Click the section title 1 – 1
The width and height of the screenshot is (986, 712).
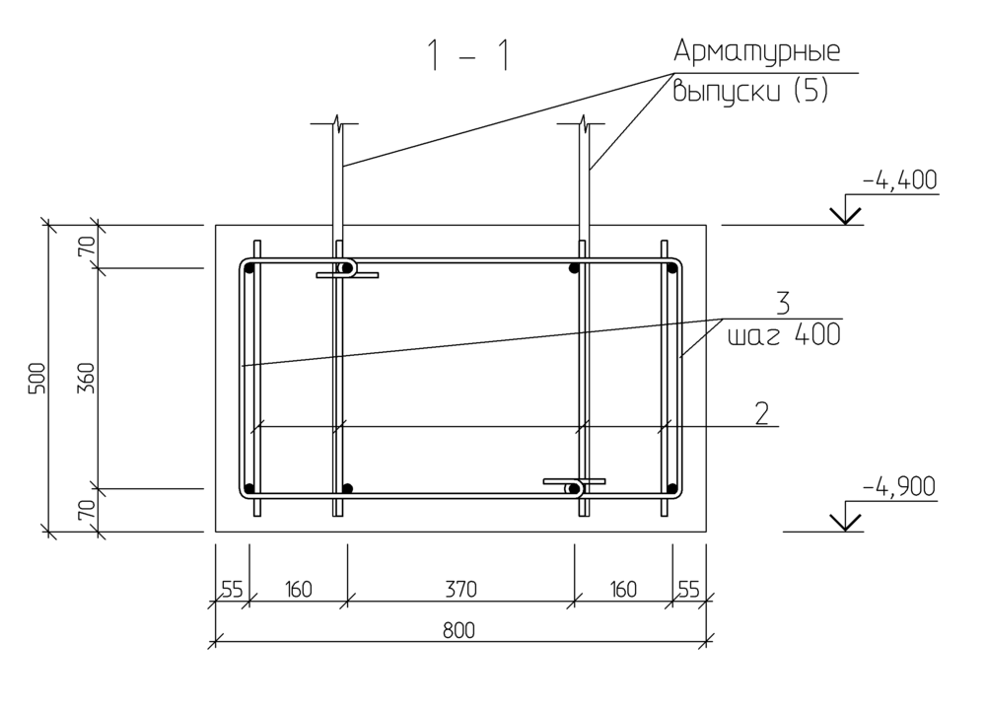point(468,55)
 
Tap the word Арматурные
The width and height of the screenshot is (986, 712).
point(757,51)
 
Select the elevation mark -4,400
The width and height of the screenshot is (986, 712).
point(900,180)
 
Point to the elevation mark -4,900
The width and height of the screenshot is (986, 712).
point(899,487)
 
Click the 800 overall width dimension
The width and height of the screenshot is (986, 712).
point(458,630)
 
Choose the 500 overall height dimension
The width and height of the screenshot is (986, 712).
point(38,378)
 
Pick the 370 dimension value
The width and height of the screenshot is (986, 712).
point(460,590)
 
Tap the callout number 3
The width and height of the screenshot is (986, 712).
point(782,304)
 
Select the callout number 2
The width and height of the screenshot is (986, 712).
point(761,414)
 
